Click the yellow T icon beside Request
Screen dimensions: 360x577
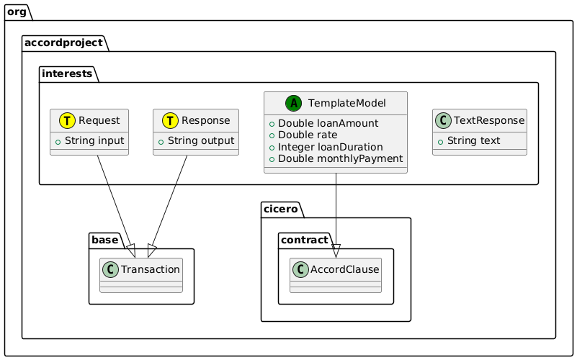pos(65,120)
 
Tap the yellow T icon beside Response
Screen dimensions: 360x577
pos(167,120)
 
